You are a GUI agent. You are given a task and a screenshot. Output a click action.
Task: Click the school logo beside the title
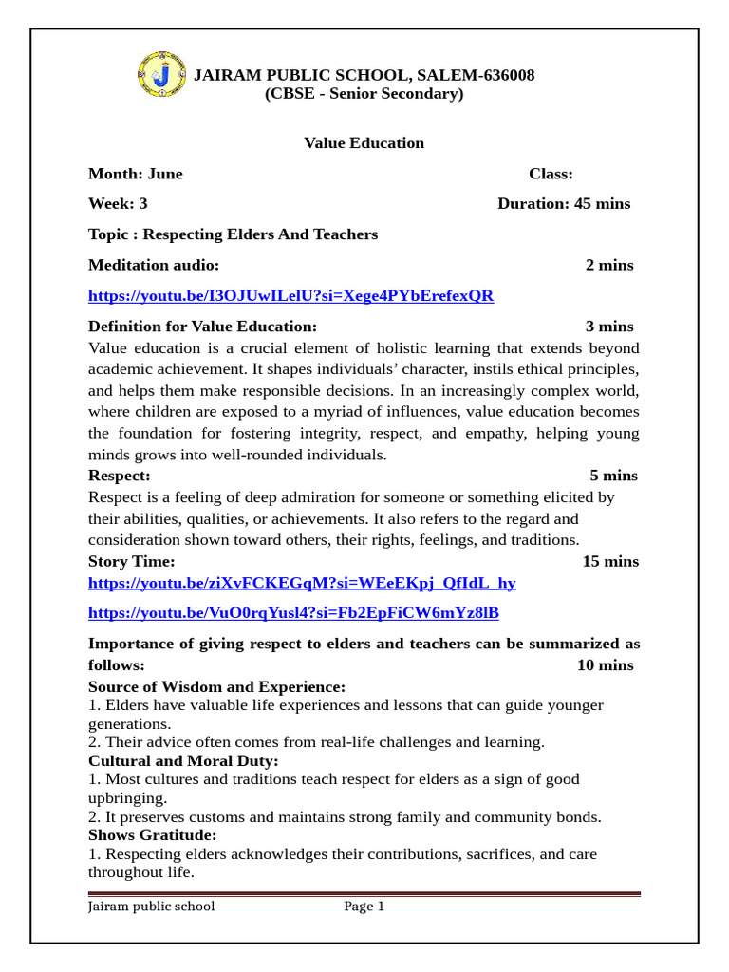162,74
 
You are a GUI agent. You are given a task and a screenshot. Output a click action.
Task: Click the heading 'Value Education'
364,143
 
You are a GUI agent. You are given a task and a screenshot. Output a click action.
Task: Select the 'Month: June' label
136,174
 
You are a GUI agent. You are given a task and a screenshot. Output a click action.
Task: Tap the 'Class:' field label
551,174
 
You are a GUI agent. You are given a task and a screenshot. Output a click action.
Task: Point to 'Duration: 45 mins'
563,204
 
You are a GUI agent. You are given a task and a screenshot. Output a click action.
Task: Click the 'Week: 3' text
118,204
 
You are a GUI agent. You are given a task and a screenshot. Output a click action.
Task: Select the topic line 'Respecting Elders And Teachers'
233,234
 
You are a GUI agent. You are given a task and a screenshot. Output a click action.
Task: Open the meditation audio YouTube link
290,296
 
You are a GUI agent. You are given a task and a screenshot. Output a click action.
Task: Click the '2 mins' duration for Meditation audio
609,265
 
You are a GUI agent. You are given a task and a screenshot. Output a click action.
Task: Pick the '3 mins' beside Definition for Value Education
609,327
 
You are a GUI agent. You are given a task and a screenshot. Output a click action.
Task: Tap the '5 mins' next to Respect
613,476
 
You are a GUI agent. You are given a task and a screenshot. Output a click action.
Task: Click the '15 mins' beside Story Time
609,562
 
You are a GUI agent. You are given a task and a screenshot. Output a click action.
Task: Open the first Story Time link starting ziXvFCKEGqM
302,583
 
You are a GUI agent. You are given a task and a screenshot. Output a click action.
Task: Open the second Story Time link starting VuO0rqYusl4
293,613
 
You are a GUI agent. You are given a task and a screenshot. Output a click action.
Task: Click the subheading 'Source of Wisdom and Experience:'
216,686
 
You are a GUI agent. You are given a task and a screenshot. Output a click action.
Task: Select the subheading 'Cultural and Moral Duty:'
183,761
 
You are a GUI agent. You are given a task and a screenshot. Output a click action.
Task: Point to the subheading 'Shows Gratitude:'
152,835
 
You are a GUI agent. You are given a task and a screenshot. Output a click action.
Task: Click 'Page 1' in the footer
364,907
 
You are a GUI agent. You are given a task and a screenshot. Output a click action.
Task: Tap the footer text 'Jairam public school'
152,907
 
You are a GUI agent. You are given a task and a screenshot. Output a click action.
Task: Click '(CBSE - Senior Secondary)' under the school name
364,94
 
